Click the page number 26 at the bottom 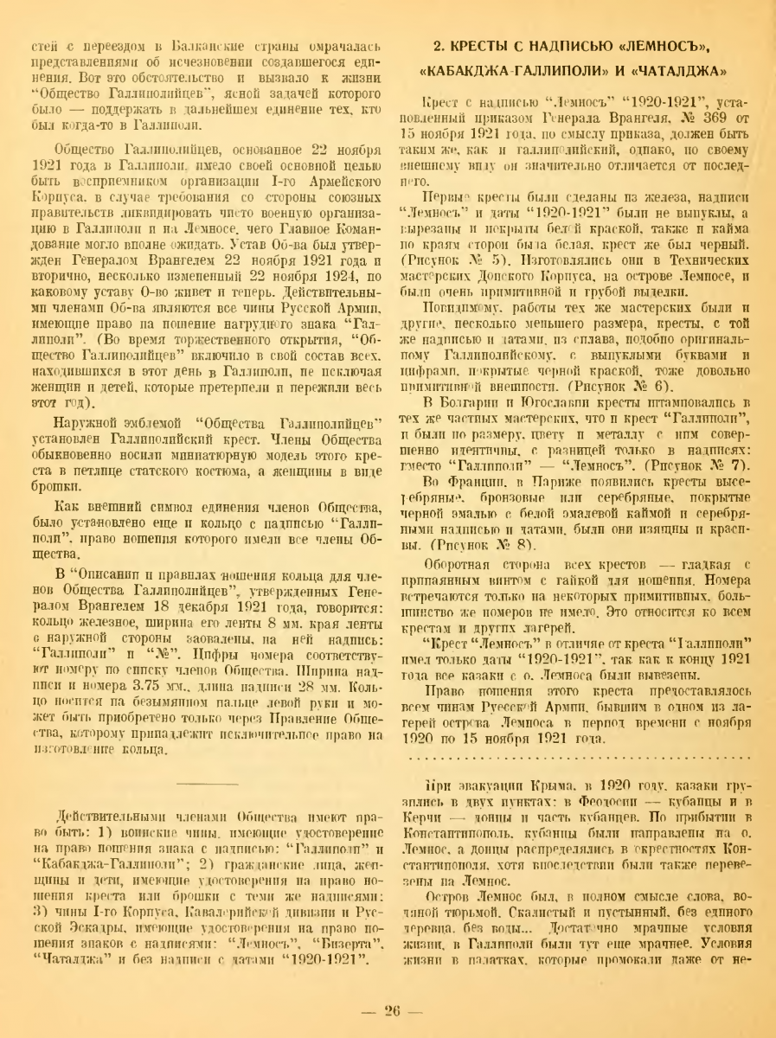point(388,1009)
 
